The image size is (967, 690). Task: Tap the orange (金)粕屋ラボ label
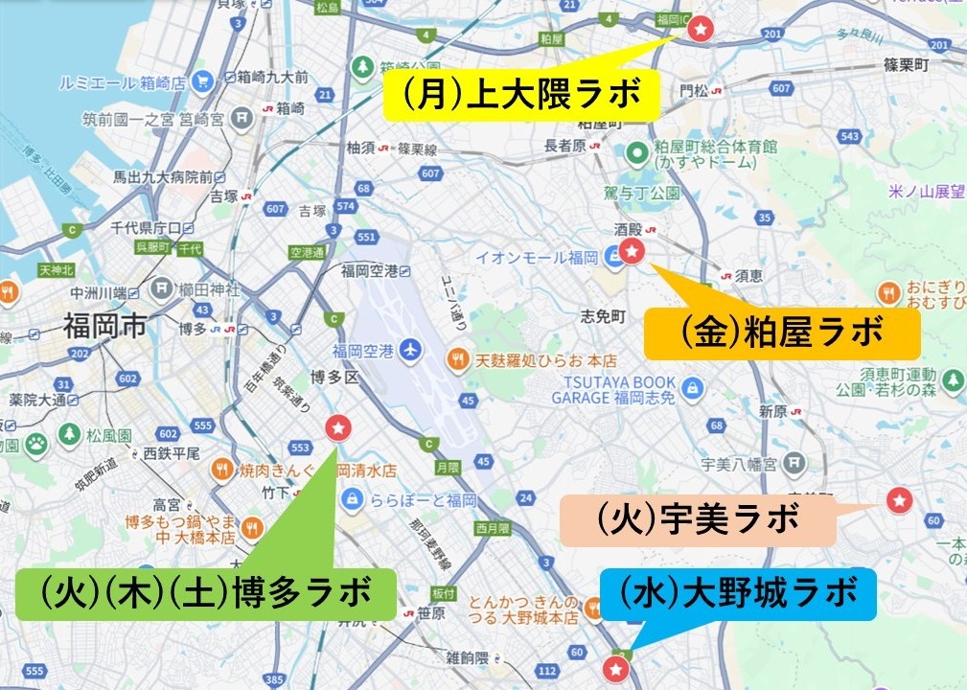pyautogui.click(x=782, y=333)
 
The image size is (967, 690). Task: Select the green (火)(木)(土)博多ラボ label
pyautogui.click(x=206, y=595)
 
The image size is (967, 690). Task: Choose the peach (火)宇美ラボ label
pyautogui.click(x=698, y=520)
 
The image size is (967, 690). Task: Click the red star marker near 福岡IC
pyautogui.click(x=701, y=30)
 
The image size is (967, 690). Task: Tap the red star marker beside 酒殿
pyautogui.click(x=633, y=251)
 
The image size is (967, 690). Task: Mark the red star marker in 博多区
pyautogui.click(x=337, y=427)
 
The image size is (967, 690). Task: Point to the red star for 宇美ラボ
pyautogui.click(x=898, y=499)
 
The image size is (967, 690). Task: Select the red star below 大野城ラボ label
pyautogui.click(x=618, y=667)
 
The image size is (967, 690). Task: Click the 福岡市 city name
pyautogui.click(x=104, y=327)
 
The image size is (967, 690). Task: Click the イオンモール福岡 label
pyautogui.click(x=537, y=258)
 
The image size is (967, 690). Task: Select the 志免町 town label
pyautogui.click(x=603, y=315)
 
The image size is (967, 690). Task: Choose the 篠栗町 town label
pyautogui.click(x=907, y=65)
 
